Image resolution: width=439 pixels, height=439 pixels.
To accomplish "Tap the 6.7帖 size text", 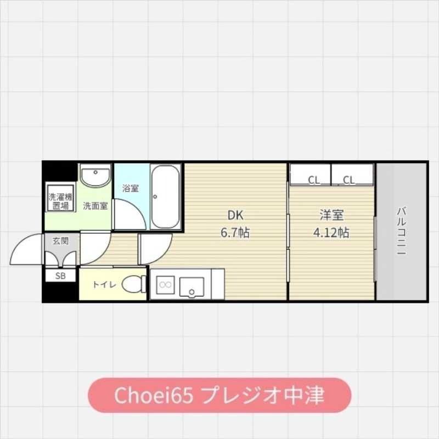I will click(235, 233).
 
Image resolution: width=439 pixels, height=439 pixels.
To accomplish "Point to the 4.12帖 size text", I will click(331, 232).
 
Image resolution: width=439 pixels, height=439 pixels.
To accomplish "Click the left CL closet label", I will click(314, 179).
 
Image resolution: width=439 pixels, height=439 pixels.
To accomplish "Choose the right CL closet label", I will click(349, 179).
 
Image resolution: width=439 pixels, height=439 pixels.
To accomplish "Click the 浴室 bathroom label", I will click(130, 188).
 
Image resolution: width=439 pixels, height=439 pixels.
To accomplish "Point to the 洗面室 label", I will click(95, 206).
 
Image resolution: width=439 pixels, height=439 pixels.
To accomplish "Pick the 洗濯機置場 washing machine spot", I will click(60, 201).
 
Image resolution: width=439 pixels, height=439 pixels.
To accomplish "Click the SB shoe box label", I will click(60, 276).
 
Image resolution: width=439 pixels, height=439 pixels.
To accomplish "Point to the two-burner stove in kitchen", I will click(165, 284).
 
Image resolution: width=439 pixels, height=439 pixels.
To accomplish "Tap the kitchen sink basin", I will click(192, 285).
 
